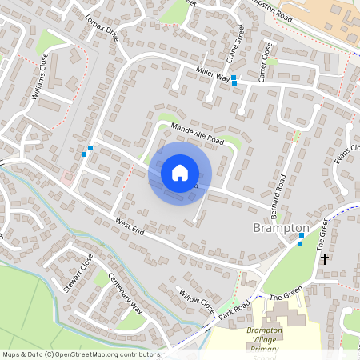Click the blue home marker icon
[180, 173]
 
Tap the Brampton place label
[281, 228]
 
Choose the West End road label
[129, 228]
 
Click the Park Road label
[234, 307]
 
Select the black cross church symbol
[324, 258]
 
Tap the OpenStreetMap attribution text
[81, 354]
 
